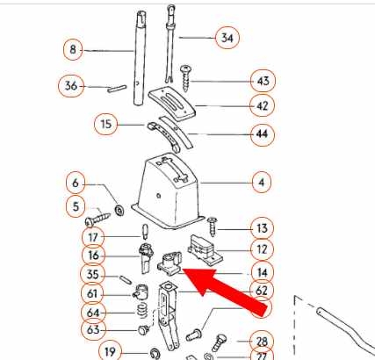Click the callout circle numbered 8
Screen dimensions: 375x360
pos(73,49)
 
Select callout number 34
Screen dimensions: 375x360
pos(227,38)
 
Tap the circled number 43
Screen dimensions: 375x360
pos(263,81)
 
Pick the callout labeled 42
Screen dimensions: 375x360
pos(263,105)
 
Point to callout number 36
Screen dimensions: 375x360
pos(71,86)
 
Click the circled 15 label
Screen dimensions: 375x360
pos(106,124)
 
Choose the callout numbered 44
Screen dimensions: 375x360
pos(263,134)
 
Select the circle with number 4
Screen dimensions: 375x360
pos(261,183)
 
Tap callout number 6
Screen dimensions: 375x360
pos(76,183)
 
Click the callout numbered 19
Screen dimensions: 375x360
pos(110,351)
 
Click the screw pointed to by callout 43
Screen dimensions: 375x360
pos(186,78)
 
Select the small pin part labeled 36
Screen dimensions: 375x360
pos(117,89)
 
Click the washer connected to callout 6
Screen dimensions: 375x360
pos(119,210)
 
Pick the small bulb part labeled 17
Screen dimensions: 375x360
pos(146,231)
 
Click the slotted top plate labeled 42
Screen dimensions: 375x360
pos(172,104)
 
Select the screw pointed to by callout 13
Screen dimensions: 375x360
pos(212,227)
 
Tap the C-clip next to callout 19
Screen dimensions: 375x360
pos(155,354)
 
